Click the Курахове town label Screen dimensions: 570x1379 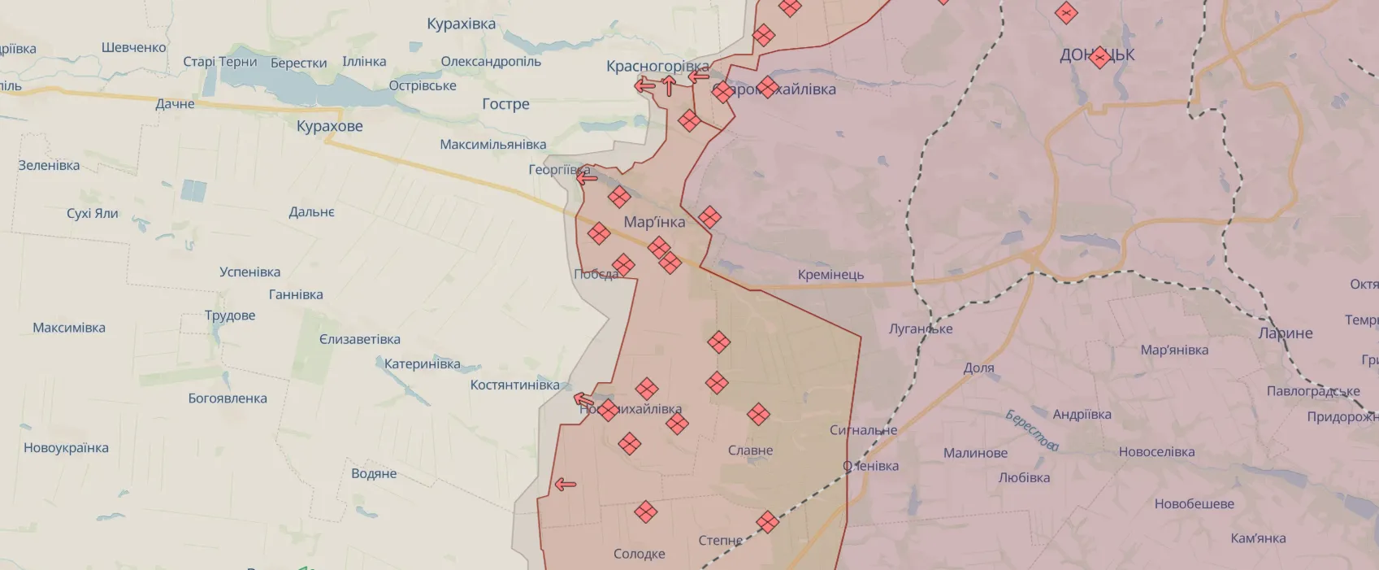click(x=329, y=126)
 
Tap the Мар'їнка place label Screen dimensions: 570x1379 click(x=654, y=222)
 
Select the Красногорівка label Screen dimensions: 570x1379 click(x=657, y=66)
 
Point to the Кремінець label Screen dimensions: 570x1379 click(x=830, y=275)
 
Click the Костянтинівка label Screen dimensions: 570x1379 click(x=514, y=385)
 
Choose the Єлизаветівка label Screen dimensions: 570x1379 click(x=359, y=339)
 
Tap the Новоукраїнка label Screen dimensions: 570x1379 click(x=66, y=448)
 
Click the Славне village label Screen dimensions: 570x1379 click(x=750, y=450)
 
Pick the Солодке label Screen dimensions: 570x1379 click(x=639, y=554)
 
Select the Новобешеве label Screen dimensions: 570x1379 click(x=1194, y=504)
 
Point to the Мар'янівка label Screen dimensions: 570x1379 click(x=1174, y=350)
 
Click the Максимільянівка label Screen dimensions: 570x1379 click(x=492, y=145)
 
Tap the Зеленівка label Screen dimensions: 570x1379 click(x=49, y=166)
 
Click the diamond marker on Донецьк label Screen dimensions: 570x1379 click(x=1099, y=58)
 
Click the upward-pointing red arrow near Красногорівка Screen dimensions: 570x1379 click(x=669, y=85)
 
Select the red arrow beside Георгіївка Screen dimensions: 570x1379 click(x=587, y=177)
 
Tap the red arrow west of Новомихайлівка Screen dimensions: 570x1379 click(x=583, y=399)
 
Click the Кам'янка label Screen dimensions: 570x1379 click(x=1258, y=538)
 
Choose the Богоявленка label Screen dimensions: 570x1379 click(x=228, y=398)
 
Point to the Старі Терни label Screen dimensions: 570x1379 click(x=219, y=62)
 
